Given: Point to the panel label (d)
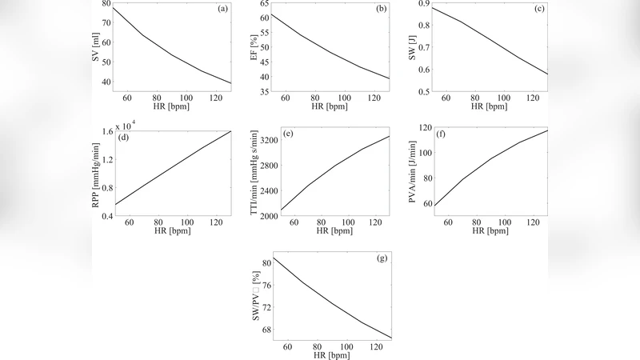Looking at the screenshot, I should coord(124,136).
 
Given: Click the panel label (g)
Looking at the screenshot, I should coord(381,259).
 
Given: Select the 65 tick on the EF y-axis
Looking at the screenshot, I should coord(265,4).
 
